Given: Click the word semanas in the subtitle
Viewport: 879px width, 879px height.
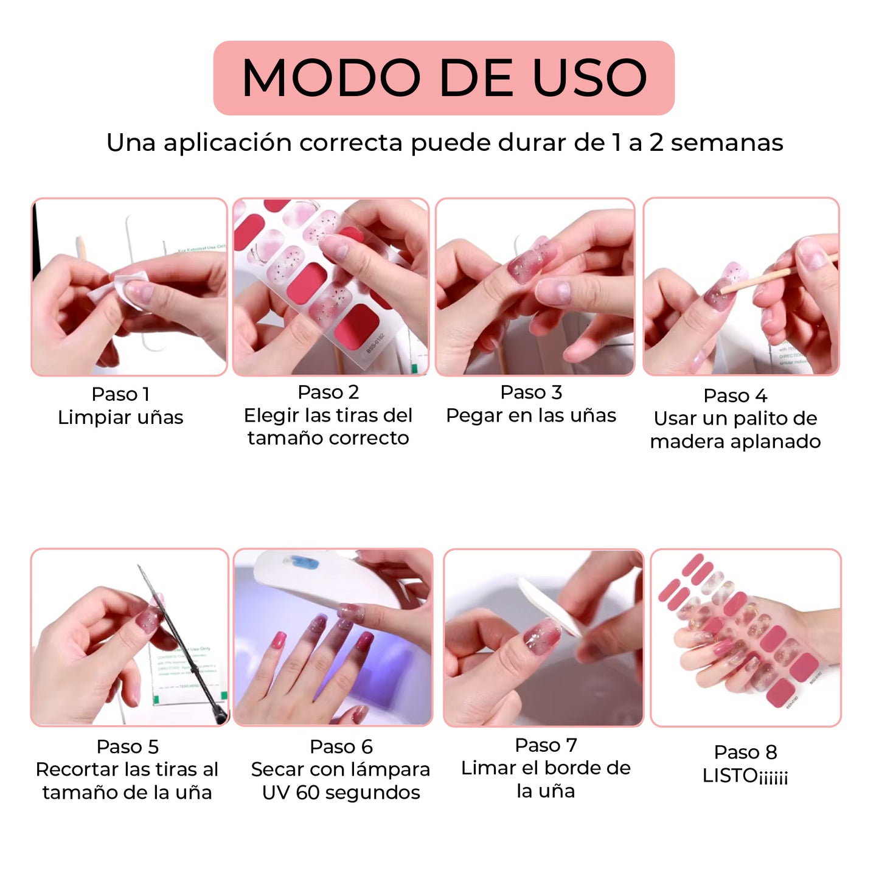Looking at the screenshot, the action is click(x=727, y=143).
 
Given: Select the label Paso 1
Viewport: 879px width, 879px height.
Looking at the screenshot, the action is click(x=120, y=394).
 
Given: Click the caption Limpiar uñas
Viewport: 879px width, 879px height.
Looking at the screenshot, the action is click(x=120, y=417).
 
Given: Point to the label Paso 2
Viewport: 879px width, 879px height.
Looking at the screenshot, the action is click(x=328, y=392).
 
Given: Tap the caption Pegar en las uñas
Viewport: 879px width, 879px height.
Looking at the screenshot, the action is click(x=531, y=415).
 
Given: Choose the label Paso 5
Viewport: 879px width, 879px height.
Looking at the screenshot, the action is click(x=128, y=747).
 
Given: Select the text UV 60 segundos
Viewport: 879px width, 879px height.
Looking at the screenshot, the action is click(x=341, y=793).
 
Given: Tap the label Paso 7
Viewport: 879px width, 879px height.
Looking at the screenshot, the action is click(x=546, y=745).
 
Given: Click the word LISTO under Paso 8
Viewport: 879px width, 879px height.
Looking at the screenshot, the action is click(x=730, y=776).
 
